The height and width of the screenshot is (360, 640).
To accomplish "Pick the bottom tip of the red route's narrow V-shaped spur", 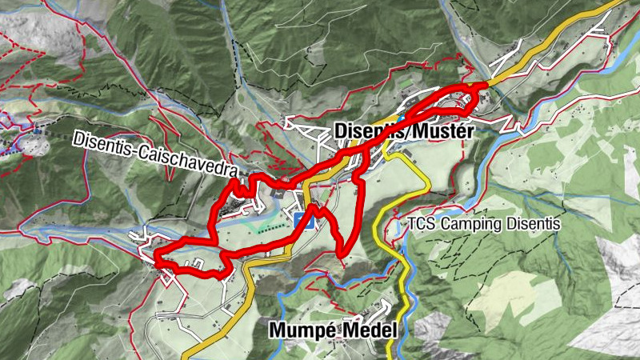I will (x=342, y=254).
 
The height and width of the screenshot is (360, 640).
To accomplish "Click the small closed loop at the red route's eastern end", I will (x=467, y=100).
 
